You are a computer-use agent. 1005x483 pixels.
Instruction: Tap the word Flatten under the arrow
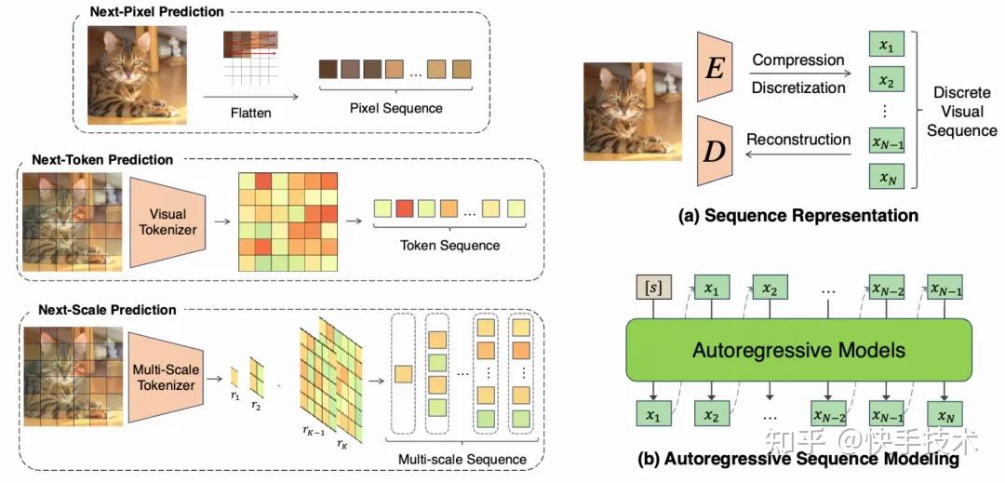250,113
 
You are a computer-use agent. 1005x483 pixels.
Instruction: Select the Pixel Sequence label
396,108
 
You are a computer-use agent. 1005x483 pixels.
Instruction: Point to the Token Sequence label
449,246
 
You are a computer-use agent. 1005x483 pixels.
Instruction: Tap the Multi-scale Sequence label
462,459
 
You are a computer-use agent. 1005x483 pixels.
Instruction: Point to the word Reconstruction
798,140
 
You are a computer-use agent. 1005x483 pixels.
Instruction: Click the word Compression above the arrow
797,60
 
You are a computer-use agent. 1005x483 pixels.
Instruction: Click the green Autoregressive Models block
798,350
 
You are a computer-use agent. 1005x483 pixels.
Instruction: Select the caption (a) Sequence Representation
798,216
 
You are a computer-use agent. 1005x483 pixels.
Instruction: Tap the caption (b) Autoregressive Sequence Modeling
798,460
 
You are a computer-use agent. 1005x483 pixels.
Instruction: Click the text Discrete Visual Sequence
961,112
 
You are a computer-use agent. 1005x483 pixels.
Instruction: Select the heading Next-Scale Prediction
107,309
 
